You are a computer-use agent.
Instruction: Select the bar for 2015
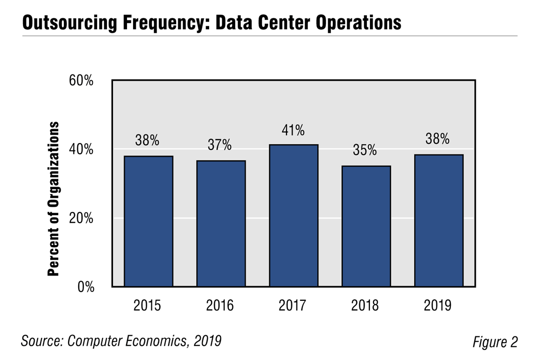coord(148,221)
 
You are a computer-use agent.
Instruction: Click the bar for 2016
coord(221,223)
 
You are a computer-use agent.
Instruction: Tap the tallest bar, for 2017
coord(293,215)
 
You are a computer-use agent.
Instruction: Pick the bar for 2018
coord(366,226)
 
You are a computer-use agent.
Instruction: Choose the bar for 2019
coord(438,220)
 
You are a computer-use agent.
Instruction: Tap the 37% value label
coord(220,145)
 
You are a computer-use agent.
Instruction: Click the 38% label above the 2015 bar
coord(148,140)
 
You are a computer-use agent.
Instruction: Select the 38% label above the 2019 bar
coord(438,139)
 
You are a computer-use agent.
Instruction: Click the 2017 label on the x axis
coord(293,306)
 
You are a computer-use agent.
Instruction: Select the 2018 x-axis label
coord(366,306)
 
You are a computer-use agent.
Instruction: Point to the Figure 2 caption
coord(495,342)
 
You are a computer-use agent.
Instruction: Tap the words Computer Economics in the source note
coord(127,341)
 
